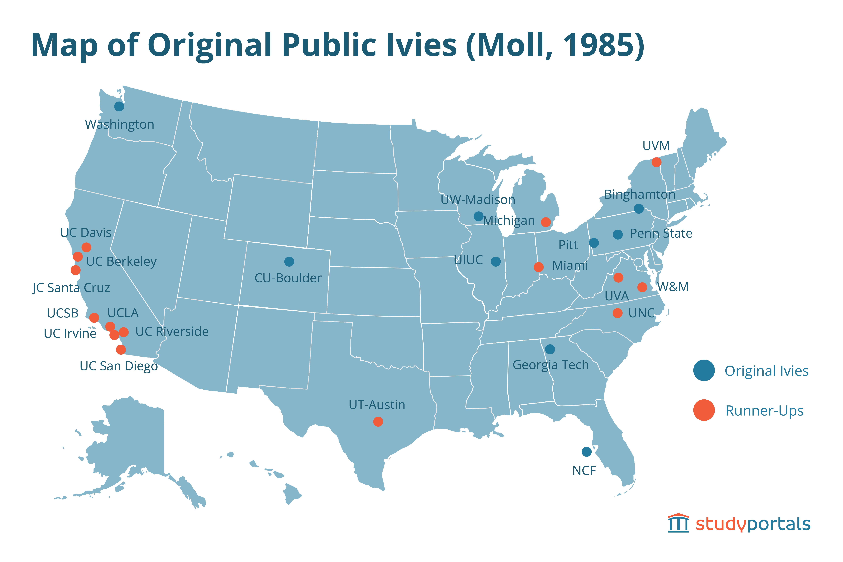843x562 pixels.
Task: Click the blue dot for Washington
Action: [x=119, y=106]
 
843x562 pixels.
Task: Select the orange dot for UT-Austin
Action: [x=378, y=422]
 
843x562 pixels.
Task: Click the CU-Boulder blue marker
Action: [x=289, y=262]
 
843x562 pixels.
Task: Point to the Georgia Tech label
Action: [x=551, y=365]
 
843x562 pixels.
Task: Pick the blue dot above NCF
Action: [x=586, y=452]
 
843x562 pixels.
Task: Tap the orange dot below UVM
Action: [x=656, y=162]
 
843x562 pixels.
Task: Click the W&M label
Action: [x=673, y=287]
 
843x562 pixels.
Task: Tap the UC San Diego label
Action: [x=119, y=366]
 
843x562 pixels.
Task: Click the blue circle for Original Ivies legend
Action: [x=704, y=370]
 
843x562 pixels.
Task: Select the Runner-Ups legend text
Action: [x=765, y=411]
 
